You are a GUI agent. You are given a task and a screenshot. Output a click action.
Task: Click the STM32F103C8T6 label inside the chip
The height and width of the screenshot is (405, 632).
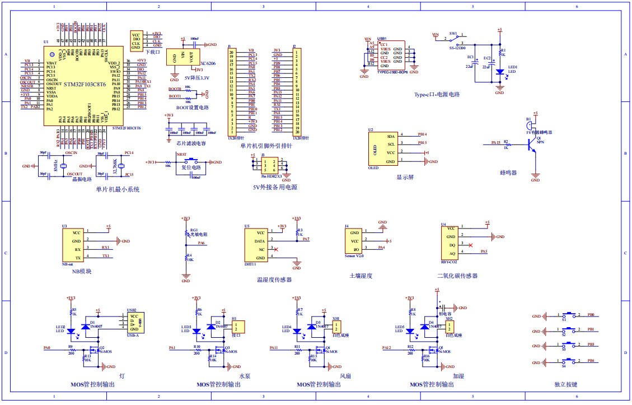tap(85, 85)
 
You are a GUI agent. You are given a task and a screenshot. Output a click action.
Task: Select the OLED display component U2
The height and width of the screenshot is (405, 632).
tap(381, 148)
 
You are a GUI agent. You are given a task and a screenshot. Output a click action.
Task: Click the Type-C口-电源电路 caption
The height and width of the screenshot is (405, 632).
tap(437, 94)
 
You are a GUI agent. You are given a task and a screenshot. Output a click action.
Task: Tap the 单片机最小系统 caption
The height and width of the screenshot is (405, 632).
tap(118, 189)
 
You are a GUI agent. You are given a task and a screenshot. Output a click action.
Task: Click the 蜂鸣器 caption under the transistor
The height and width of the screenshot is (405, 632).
tap(508, 173)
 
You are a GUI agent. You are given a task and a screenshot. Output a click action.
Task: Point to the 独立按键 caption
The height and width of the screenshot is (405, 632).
tap(565, 384)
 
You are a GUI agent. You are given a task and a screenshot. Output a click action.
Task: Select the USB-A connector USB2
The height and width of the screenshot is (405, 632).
tap(134, 323)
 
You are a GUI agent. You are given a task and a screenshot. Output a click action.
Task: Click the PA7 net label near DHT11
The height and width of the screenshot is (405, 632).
tap(306, 239)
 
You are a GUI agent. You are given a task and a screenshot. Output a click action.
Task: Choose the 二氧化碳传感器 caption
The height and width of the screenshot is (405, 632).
tap(457, 276)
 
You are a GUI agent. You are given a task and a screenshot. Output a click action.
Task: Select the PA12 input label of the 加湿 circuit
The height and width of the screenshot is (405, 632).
tap(386, 348)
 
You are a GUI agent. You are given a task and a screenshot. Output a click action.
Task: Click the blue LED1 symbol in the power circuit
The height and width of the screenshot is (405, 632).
tap(499, 72)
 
